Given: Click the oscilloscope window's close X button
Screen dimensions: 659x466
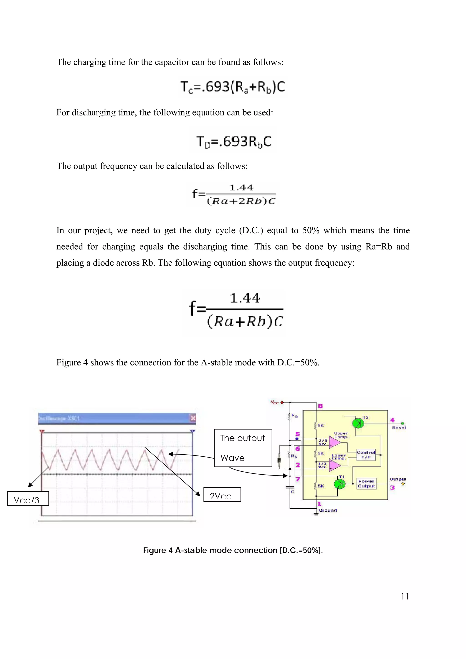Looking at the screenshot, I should pos(193,418).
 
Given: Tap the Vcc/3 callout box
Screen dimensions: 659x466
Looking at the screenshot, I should pos(28,498).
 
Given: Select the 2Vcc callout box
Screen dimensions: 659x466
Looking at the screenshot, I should pos(222,495).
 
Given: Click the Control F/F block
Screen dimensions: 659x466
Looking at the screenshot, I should pos(366,455).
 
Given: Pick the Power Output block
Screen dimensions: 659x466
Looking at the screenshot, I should pos(366,484).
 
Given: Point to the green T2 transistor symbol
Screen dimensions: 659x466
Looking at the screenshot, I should pos(358,423).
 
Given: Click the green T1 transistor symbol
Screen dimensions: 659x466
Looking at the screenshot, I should pos(340,484).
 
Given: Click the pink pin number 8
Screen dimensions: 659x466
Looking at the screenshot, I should pos(320,406).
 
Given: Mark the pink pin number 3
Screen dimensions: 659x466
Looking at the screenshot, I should pos(392,488).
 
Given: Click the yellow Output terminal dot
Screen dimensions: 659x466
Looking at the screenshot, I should pos(403,484).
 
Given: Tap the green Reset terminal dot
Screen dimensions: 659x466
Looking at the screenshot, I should pos(403,423).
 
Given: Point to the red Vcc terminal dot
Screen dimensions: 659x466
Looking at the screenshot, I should pos(282,402).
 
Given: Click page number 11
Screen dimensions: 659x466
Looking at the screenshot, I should pos(405,596).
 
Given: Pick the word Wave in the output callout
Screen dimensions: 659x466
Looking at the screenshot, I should pos(232,458).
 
